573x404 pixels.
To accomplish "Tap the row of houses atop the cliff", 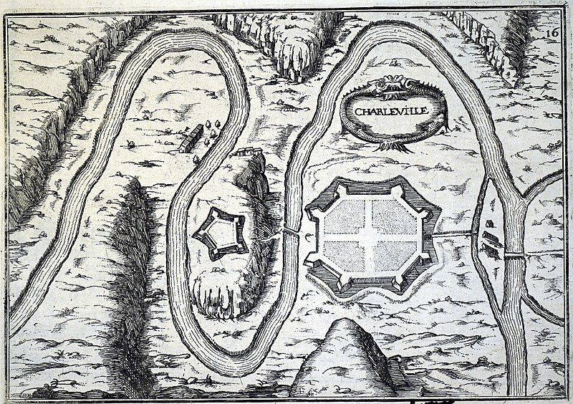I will click(x=245, y=151).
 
